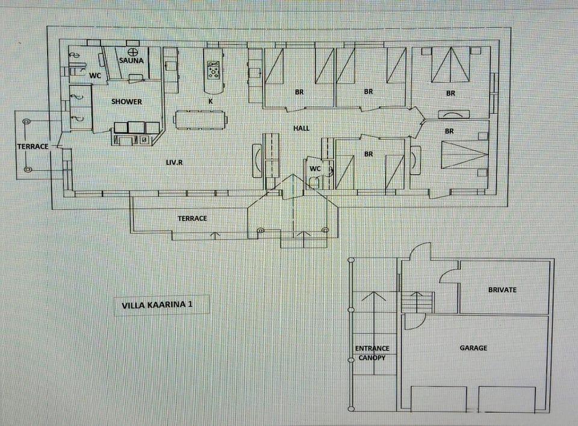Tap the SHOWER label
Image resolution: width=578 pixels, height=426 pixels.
pyautogui.click(x=126, y=102)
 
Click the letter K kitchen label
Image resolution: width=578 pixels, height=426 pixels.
pyautogui.click(x=211, y=102)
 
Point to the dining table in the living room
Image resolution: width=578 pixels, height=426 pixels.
pyautogui.click(x=201, y=119)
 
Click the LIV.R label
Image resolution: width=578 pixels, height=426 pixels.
pyautogui.click(x=175, y=163)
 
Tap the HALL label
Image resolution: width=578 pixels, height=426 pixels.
pyautogui.click(x=302, y=128)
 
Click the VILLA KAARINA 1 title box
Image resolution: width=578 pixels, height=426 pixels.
pyautogui.click(x=157, y=305)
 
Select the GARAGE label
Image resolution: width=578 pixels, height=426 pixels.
pyautogui.click(x=473, y=348)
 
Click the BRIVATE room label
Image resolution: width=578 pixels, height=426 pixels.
pyautogui.click(x=502, y=290)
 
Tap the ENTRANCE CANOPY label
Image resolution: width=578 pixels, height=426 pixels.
pyautogui.click(x=372, y=353)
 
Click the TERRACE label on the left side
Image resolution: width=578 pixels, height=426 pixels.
pyautogui.click(x=32, y=146)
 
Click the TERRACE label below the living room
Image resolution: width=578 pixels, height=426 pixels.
pyautogui.click(x=192, y=218)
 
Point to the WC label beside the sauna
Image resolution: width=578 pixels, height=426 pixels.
pyautogui.click(x=95, y=76)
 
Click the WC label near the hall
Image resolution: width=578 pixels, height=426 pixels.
pyautogui.click(x=315, y=169)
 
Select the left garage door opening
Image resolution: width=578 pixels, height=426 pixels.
pyautogui.click(x=438, y=398)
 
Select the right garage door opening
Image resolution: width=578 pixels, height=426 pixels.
pyautogui.click(x=506, y=398)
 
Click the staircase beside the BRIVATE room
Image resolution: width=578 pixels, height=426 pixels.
pyautogui.click(x=417, y=302)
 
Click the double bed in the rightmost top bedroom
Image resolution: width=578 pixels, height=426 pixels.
pyautogui.click(x=449, y=65)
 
